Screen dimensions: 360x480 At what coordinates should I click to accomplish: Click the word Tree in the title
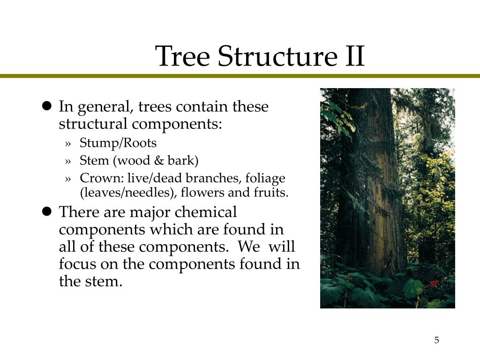pyautogui.click(x=183, y=56)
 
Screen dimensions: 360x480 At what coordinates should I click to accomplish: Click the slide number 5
pyautogui.click(x=436, y=340)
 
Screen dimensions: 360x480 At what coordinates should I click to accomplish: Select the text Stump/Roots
pyautogui.click(x=118, y=143)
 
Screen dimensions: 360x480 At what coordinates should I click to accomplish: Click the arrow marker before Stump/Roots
pyautogui.click(x=69, y=143)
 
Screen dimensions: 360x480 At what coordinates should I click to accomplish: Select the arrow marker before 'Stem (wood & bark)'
pyautogui.click(x=69, y=161)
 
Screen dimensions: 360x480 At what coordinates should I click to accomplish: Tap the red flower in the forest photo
pyautogui.click(x=434, y=284)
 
